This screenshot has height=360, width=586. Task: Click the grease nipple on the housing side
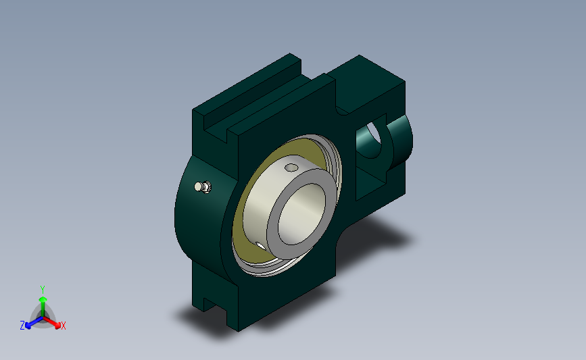203,186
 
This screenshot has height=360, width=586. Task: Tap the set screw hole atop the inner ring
291,168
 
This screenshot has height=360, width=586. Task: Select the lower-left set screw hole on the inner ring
260,246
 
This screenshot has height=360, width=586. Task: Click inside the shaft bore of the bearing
302,213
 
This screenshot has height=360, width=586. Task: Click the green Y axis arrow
43,306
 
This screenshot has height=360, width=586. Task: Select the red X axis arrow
52,323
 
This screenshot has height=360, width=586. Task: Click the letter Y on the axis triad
43,290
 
